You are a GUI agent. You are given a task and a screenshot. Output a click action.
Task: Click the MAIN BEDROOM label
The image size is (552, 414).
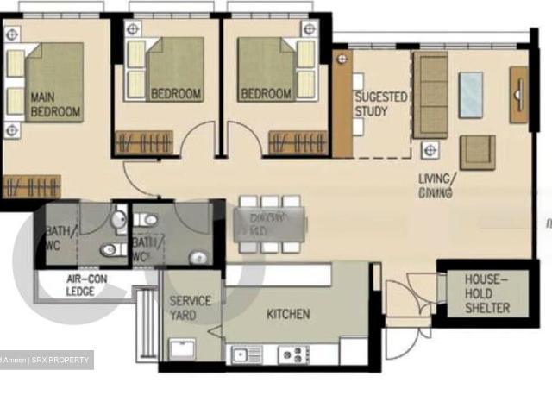(x=55, y=104)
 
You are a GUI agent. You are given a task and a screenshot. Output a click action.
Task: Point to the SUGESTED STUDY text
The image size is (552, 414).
(x=380, y=104)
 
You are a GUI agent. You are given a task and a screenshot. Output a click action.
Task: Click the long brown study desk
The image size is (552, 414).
(x=342, y=103)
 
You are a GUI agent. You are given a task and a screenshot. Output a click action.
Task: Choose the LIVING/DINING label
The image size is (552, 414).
(x=436, y=185)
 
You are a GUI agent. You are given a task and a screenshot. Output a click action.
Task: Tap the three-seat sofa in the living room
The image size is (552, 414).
(x=430, y=95)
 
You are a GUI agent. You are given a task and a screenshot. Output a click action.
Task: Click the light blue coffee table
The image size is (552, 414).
(x=471, y=95)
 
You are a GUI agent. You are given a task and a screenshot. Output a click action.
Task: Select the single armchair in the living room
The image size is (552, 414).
(x=477, y=152)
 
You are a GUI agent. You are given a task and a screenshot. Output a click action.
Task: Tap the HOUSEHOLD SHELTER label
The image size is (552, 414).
(x=487, y=294)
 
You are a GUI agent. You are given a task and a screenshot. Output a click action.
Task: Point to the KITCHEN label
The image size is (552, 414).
(x=288, y=314)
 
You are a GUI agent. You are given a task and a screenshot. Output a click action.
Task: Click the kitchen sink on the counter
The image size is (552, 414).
(x=239, y=354)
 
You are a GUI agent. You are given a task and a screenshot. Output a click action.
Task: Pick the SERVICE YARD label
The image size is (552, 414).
(x=188, y=308)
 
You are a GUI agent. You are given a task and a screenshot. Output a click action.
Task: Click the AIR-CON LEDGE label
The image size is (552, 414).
(x=85, y=285)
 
